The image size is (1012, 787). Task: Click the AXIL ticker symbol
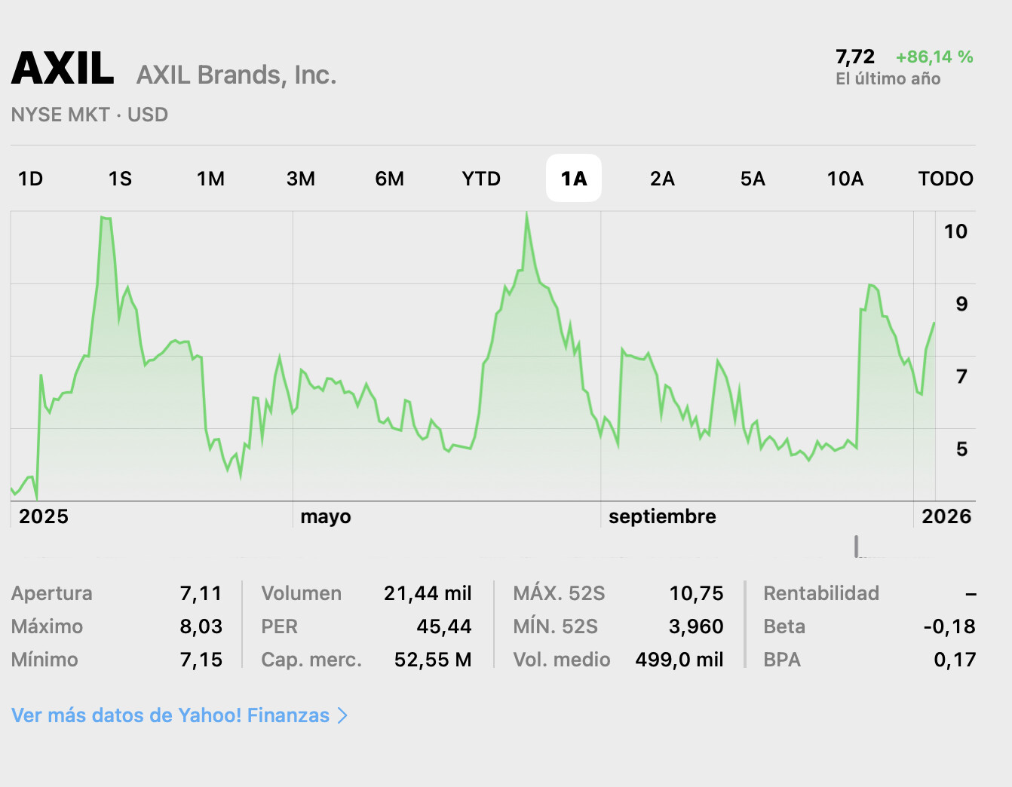(63, 69)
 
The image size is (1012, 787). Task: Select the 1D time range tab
(30, 179)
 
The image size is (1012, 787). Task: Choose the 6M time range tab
(389, 179)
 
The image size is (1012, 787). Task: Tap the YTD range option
(481, 179)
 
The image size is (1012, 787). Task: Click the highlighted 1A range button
(573, 179)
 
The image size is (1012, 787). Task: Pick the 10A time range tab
(845, 179)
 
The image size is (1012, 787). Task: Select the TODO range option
(945, 179)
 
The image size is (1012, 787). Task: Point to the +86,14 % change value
(934, 57)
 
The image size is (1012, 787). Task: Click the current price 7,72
(854, 57)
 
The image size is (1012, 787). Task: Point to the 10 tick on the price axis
(955, 232)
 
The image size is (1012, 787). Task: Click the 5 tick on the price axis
(961, 449)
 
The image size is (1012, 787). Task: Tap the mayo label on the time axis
(326, 516)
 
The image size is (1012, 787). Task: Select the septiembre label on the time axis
(662, 516)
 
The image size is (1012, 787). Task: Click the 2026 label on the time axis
(946, 516)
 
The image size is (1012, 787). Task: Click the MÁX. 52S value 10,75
(696, 594)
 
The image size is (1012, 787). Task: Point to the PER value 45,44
(443, 626)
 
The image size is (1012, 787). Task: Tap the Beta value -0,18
(949, 626)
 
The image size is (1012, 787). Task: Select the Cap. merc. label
(311, 660)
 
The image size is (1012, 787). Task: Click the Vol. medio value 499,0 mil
(679, 660)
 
